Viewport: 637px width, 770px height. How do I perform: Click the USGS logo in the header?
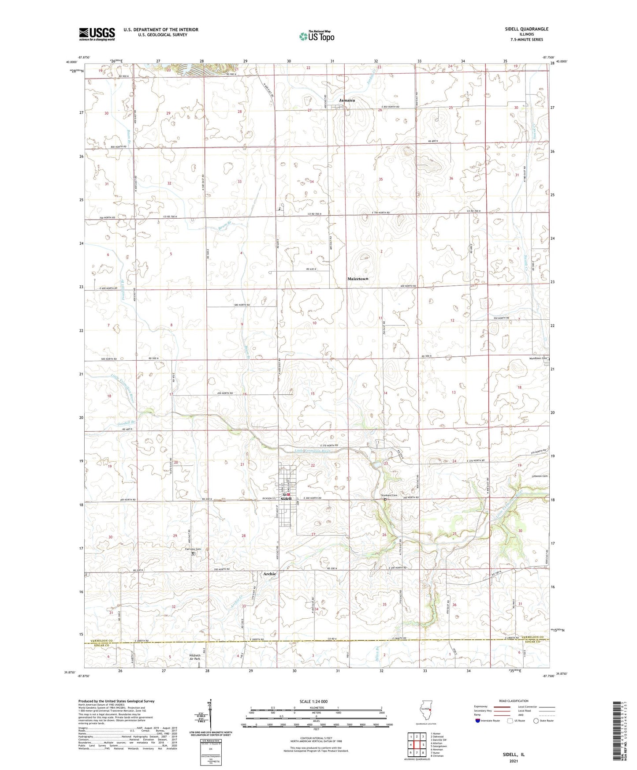(x=97, y=34)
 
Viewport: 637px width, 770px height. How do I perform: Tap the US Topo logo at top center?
(x=316, y=36)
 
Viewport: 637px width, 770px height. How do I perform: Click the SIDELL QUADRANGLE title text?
(x=526, y=29)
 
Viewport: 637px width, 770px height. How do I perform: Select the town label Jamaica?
(x=346, y=101)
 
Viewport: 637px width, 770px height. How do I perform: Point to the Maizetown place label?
(x=358, y=279)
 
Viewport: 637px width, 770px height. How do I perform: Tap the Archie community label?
(x=269, y=574)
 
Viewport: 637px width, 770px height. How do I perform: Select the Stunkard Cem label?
(x=389, y=495)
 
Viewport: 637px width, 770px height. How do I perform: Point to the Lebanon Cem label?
(x=539, y=476)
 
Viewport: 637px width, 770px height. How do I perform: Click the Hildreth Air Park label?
(x=194, y=657)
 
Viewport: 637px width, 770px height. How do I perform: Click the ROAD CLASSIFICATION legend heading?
(x=514, y=701)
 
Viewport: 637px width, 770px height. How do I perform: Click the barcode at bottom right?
(x=619, y=732)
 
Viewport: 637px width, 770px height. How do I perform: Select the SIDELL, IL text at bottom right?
(x=514, y=755)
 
